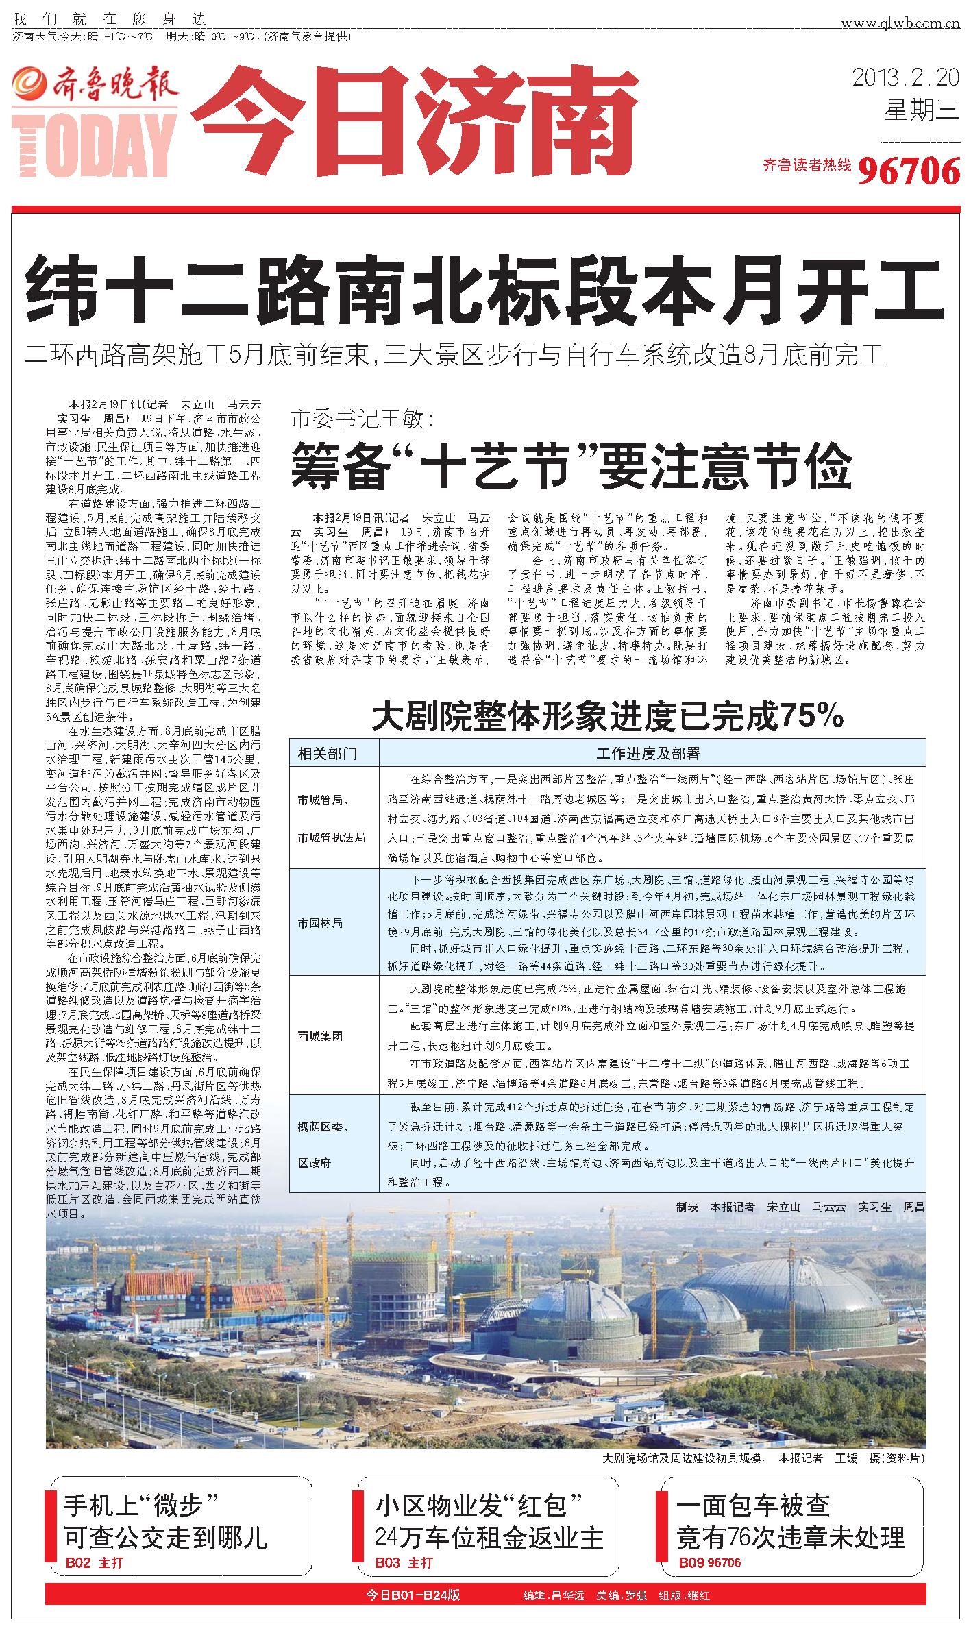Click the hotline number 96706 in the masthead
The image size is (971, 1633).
coord(908,170)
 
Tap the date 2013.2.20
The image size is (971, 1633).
coord(905,77)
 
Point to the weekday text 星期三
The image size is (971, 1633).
coord(921,110)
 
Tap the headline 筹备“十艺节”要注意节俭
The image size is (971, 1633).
coord(571,465)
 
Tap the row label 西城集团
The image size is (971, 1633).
coord(320,1036)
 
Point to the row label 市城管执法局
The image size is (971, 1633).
coord(331,837)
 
